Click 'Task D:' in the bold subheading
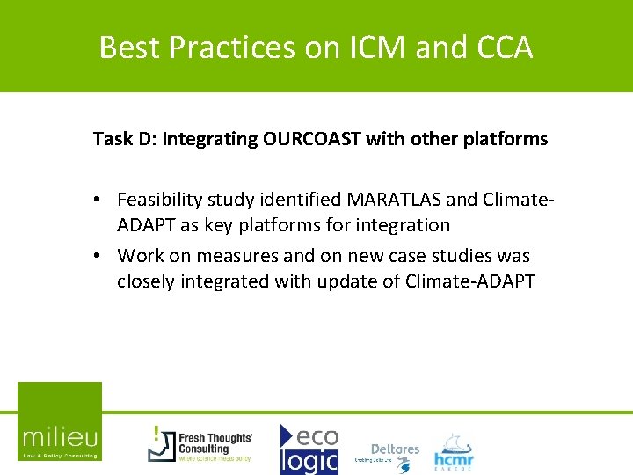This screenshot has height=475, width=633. point(124,139)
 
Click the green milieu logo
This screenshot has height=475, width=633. point(60,421)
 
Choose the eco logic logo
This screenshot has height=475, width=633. point(309,449)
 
